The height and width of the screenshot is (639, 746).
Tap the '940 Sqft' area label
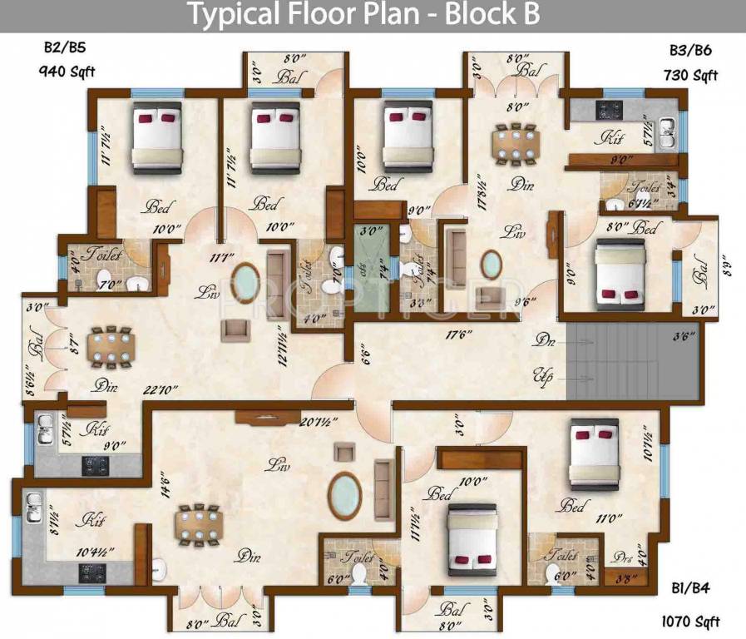click(x=67, y=72)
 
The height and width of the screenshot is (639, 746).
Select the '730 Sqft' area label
click(x=690, y=76)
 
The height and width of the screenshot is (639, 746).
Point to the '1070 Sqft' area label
click(x=690, y=621)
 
